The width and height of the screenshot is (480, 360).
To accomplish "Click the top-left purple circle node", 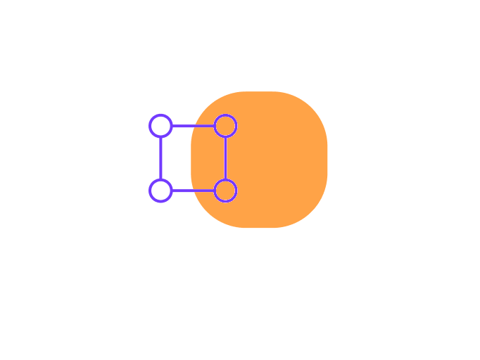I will click(x=160, y=126).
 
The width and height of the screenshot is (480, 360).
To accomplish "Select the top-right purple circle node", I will click(x=225, y=126).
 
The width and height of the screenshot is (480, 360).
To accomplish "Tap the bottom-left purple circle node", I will click(x=160, y=191).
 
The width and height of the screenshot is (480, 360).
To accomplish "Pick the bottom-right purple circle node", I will click(x=225, y=191).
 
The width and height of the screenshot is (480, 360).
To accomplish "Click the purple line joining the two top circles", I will click(x=193, y=126).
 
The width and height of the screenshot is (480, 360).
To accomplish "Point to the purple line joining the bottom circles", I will click(x=193, y=191).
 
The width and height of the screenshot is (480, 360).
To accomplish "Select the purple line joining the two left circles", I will click(x=160, y=158).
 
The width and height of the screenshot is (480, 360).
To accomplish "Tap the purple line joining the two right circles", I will click(x=225, y=158).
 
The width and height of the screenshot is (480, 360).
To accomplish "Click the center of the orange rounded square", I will click(x=259, y=160).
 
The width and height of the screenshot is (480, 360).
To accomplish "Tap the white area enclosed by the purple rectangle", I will click(x=176, y=158).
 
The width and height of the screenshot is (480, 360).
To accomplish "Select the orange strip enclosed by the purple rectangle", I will click(x=208, y=158).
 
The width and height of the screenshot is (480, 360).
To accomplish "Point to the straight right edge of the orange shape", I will click(x=327, y=160).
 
